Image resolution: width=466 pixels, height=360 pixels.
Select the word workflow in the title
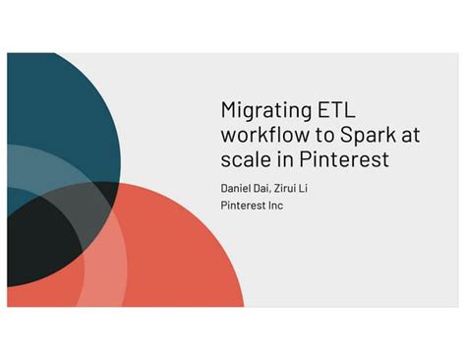pyautogui.click(x=268, y=134)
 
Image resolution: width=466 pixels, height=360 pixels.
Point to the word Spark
pyautogui.click(x=369, y=134)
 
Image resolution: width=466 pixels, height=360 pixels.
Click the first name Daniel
pyautogui.click(x=236, y=187)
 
